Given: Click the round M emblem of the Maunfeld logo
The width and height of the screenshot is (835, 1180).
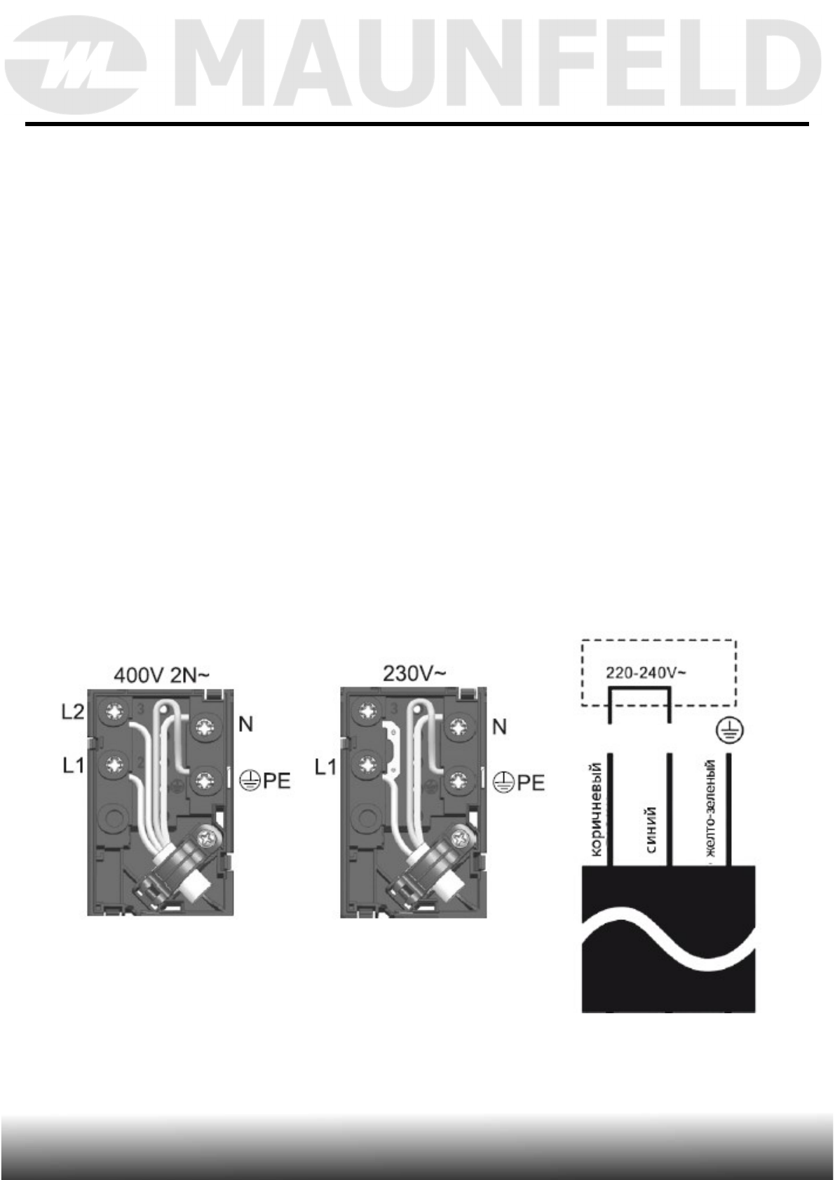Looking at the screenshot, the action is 76,65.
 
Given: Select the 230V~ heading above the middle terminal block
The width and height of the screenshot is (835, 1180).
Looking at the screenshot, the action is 414,674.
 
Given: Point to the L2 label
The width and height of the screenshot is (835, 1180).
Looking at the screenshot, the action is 73,712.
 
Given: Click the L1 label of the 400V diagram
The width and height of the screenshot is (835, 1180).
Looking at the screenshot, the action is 74,765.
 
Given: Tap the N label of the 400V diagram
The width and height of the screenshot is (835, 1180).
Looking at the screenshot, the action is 245,725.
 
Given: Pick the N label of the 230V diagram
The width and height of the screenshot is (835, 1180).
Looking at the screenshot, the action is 499,727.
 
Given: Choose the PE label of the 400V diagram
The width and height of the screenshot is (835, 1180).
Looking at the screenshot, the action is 264,781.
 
